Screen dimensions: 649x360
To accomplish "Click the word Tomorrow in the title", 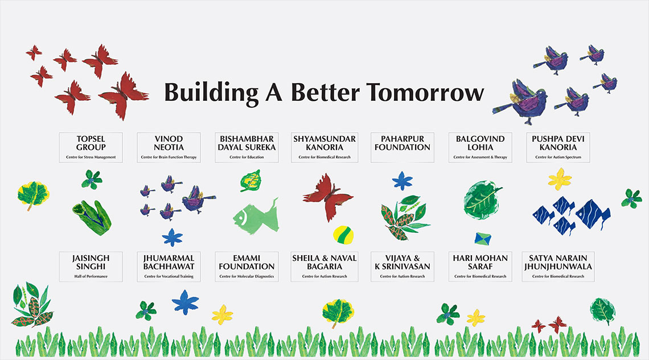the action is point(425,92).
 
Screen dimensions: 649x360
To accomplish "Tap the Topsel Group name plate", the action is point(91,148).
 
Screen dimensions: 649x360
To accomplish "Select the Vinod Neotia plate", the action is point(169,148).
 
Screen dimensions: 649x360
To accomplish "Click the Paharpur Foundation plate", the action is point(402,148).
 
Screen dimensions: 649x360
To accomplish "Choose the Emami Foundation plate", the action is point(247,267).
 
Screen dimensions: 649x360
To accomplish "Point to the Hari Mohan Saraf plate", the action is point(480,267).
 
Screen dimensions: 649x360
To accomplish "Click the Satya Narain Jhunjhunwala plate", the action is point(558,267).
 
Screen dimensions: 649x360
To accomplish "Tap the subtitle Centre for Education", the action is point(247,157).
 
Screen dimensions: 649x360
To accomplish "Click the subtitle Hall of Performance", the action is point(91,276).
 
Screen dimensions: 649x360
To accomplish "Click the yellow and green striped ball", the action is point(343,235).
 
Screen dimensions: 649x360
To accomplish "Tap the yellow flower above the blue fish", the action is point(560,179).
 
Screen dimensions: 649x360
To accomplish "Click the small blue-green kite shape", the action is point(483,239).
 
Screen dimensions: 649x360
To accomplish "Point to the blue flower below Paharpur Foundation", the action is point(402,181).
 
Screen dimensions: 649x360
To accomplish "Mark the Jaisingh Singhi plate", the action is point(91,267).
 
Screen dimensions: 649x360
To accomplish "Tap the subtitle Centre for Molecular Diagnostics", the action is point(247,276).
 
